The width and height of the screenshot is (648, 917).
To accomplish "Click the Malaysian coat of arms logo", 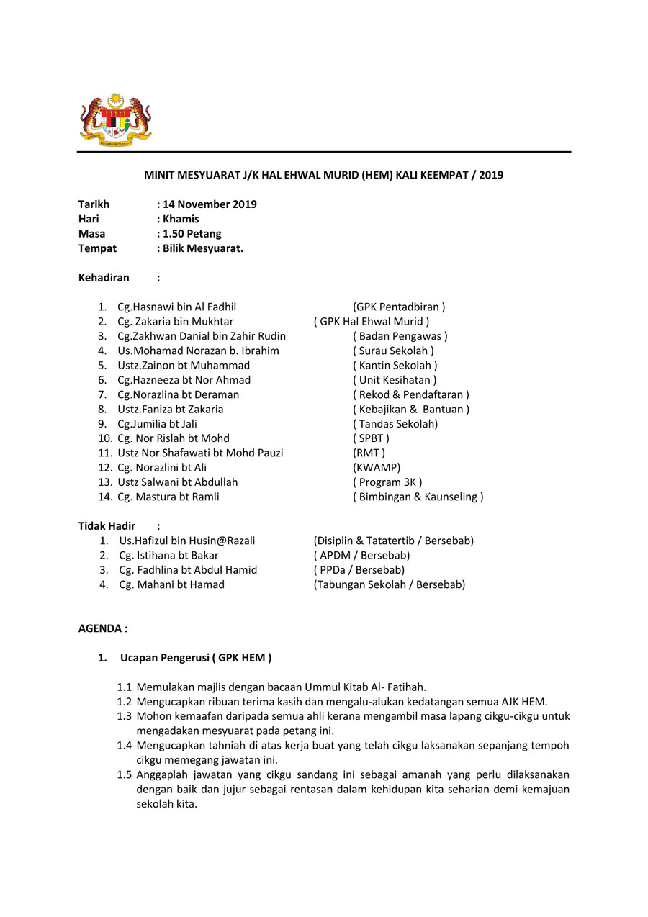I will pos(115,119).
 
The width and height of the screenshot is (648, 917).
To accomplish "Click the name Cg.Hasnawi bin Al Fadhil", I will pos(177,307).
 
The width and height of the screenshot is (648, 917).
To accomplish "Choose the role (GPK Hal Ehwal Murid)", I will pos(372,322).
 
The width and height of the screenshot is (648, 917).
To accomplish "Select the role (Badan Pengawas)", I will pos(400,336).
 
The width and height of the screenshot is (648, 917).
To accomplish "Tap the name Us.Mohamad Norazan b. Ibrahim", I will pos(199,351).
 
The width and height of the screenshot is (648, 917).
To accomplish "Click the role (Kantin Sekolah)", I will pos(395,366).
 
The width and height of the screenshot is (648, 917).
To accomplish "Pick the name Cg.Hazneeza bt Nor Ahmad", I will pos(184,380).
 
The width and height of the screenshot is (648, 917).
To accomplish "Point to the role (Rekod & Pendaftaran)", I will pos(411,394).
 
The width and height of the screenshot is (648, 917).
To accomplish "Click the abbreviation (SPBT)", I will pos(372,438).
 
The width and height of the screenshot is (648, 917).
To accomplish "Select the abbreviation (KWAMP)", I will pos(377,468).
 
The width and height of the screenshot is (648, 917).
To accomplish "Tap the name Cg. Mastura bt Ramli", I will pos(168,497).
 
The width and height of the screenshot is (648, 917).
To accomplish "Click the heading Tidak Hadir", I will pos(107,526).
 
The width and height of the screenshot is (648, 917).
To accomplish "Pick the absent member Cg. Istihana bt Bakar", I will pos(169,556).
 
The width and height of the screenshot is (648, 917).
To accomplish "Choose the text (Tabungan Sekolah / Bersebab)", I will pos(389,584).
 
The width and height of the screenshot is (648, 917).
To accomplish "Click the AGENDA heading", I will pos(103,628).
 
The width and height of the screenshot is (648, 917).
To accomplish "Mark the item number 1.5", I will pos(125,775).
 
